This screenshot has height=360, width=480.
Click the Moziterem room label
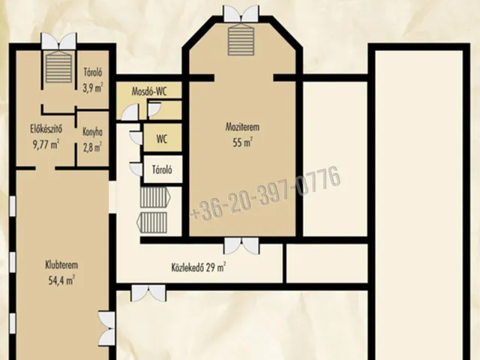242,127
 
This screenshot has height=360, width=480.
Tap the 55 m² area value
242,142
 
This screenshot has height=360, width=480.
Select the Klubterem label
61,265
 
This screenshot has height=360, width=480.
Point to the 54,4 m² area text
61,280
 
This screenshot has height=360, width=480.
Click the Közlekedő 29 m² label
199,267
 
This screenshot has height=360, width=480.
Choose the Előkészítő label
46,128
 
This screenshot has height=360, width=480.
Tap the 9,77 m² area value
46,144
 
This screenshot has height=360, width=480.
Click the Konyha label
92,132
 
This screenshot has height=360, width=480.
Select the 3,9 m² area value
92,88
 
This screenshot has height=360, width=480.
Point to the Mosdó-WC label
149,91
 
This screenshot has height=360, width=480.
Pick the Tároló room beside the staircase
163,169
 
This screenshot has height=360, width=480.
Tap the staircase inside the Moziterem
241,40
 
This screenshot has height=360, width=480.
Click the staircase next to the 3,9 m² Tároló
58,67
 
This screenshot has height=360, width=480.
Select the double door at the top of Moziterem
241,13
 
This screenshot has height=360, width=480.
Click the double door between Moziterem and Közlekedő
241,246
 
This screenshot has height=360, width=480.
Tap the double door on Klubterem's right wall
106,328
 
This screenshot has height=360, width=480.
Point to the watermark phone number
265,193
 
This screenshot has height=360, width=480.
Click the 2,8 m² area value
92,147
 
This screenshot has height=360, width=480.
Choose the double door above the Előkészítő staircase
58,41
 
